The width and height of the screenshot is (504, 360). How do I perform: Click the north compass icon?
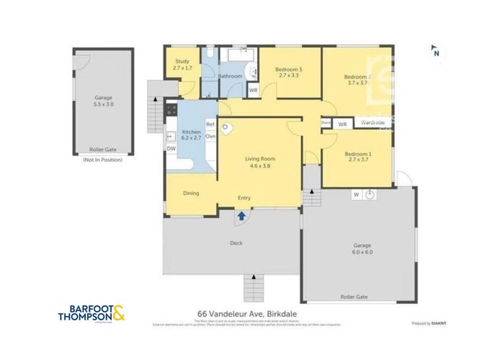pyautogui.click(x=436, y=51)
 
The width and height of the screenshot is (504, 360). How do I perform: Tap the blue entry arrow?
pyautogui.click(x=242, y=214)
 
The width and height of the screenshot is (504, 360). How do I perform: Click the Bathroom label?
pyautogui.click(x=230, y=76)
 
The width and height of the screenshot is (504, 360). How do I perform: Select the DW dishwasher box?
pyautogui.click(x=171, y=149)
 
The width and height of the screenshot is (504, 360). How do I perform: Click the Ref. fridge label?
pyautogui.click(x=211, y=125)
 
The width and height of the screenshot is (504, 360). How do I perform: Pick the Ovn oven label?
pyautogui.click(x=211, y=135)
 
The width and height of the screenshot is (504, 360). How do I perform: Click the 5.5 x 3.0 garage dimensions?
pyautogui.click(x=104, y=104)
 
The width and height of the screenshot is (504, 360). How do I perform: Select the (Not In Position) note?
pyautogui.click(x=103, y=160)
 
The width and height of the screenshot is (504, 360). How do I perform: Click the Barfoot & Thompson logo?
pyautogui.click(x=94, y=313)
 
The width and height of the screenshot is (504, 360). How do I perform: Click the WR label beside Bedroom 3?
pyautogui.click(x=253, y=91)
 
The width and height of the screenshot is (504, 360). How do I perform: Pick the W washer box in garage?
pyautogui.click(x=356, y=194)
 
